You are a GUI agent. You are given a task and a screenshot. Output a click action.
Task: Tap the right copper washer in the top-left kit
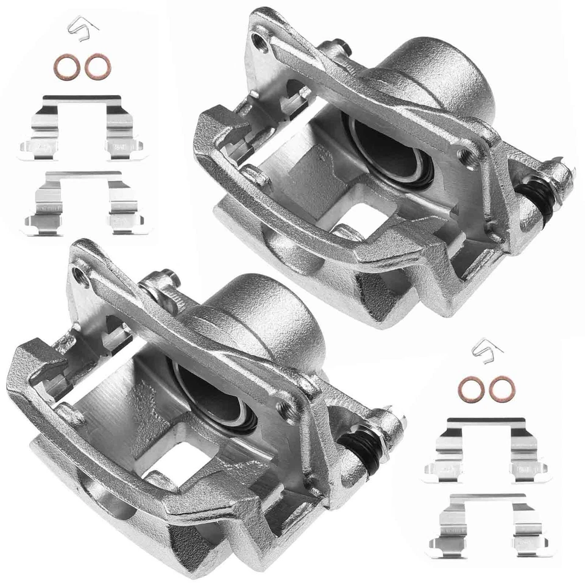(96, 66)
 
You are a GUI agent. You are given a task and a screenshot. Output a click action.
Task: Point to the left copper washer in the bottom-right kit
(470, 388)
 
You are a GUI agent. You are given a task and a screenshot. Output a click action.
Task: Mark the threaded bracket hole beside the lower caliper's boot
(284, 407)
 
